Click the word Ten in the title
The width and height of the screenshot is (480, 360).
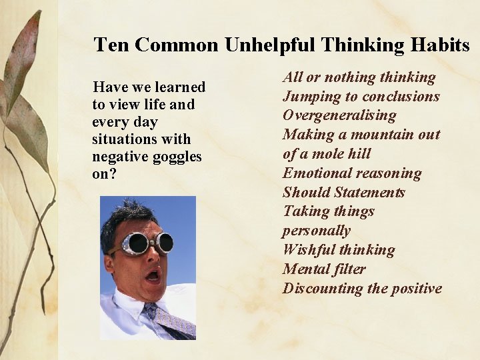110,45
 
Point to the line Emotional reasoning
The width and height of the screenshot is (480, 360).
352,173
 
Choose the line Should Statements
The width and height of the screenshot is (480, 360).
343,193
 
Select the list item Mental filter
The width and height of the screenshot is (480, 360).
324,269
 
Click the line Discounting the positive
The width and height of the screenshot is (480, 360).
362,289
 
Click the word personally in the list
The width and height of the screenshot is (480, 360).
316,231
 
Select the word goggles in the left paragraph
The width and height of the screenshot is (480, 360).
178,157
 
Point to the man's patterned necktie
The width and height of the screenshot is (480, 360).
170,319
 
